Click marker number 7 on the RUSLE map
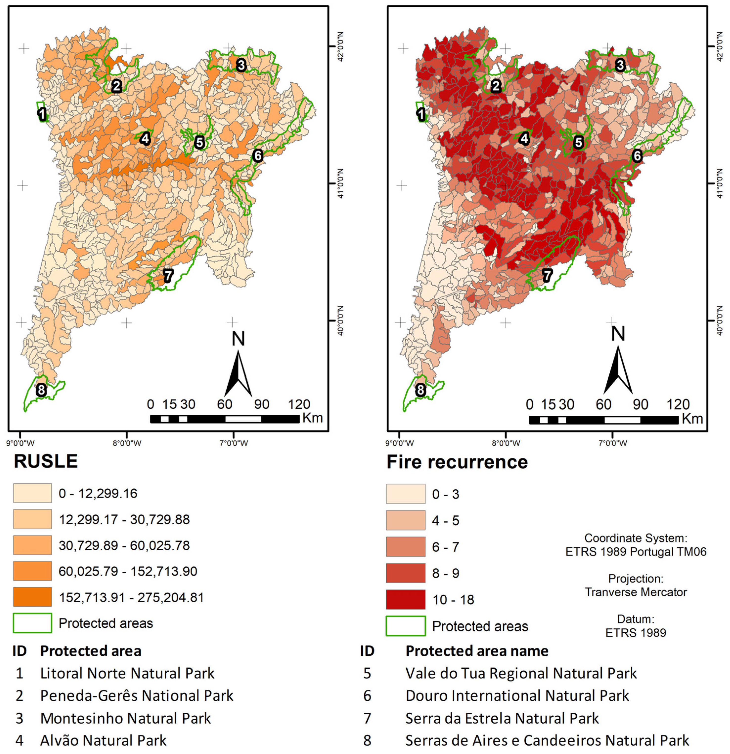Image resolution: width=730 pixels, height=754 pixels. pos(168,276)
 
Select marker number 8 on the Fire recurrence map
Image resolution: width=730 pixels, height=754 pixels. pos(420,390)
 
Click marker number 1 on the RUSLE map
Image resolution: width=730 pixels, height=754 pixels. pos(42,114)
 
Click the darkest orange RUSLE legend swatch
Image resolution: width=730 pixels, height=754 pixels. pos(32,597)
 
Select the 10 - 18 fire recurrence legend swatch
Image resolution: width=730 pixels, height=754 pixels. pos(406,599)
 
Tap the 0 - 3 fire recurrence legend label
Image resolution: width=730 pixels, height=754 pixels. pos(445,494)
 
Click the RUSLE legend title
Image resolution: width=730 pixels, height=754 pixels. pos(46,461)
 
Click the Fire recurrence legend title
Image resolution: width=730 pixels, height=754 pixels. pos(457,462)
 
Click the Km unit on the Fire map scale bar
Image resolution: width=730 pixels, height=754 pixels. pos(692,418)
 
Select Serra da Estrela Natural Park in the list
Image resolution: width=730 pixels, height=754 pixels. pos(502,718)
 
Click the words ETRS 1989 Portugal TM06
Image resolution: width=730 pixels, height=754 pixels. pos(636,552)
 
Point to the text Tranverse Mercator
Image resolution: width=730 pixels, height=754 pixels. pos(636,592)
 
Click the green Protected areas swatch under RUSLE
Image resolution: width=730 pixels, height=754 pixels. pos(32,623)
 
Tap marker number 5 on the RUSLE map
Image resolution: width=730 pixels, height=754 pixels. pos(199,142)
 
